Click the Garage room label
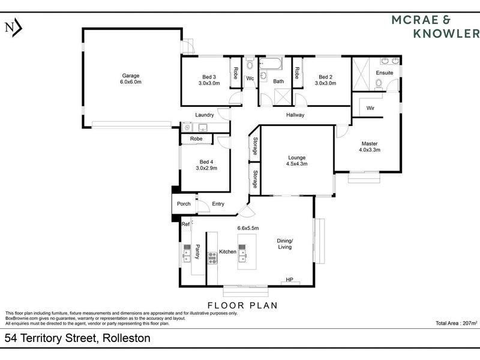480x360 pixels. point(131,76)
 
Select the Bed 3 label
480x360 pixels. point(209,77)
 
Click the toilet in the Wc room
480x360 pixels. point(250,65)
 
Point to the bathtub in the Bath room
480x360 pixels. point(271,64)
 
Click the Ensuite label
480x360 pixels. point(385,73)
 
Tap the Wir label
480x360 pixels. point(370,108)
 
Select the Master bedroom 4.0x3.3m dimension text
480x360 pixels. point(370,149)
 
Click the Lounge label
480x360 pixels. point(296,158)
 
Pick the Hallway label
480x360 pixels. point(295,115)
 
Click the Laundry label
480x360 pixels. point(205,115)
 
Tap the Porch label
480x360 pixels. point(184,203)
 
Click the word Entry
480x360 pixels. point(218,203)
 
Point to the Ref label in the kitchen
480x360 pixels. point(185,224)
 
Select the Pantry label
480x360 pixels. point(197,251)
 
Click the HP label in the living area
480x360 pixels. point(289,280)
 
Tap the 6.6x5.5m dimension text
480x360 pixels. point(248,228)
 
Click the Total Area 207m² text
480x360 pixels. point(457,323)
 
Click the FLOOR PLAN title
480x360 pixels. point(242,305)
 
